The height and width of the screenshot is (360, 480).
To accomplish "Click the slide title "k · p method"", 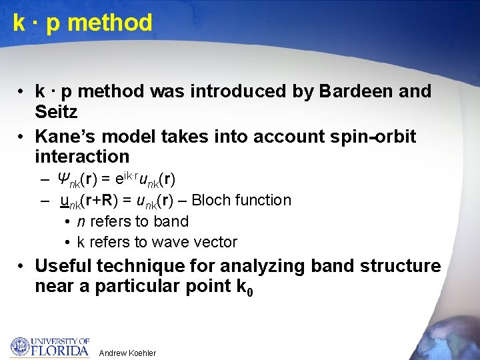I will pyautogui.click(x=83, y=23).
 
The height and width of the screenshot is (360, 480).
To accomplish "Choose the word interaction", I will pyautogui.click(x=82, y=157).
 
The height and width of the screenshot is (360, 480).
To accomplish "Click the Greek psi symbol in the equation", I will pyautogui.click(x=63, y=179).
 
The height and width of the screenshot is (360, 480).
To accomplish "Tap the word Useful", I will pyautogui.click(x=63, y=266).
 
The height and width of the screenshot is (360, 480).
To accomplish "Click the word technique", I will pyautogui.click(x=140, y=266).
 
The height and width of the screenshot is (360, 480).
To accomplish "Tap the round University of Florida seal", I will pyautogui.click(x=20, y=347).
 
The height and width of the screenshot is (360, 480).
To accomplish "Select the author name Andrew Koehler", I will pyautogui.click(x=127, y=353).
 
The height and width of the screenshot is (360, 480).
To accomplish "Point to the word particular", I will pyautogui.click(x=141, y=287).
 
